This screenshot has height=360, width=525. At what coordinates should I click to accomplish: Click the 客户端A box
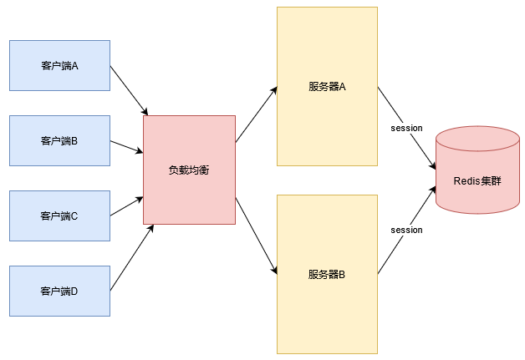[59, 65]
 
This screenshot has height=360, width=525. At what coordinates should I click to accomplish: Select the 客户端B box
[59, 140]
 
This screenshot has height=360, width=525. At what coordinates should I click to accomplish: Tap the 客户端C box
[59, 215]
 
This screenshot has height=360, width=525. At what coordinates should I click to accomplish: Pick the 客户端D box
[59, 291]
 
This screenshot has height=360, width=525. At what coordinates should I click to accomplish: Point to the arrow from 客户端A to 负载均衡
[129, 90]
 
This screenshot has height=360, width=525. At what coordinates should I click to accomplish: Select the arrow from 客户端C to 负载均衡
[126, 206]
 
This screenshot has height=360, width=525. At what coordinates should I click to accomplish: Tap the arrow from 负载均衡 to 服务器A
[256, 114]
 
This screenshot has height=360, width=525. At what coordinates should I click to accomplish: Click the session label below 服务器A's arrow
[407, 128]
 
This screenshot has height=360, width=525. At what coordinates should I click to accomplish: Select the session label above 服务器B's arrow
[407, 230]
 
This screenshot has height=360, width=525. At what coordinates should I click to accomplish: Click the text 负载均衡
[189, 170]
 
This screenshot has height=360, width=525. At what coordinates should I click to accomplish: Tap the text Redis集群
[477, 180]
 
